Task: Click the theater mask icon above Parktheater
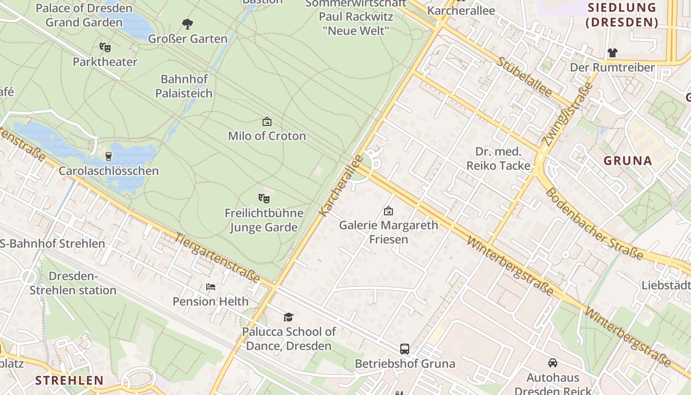(x=105, y=47)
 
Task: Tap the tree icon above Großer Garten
(x=188, y=24)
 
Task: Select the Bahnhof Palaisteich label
(x=184, y=86)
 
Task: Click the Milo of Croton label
(x=267, y=136)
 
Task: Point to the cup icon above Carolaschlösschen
(x=109, y=157)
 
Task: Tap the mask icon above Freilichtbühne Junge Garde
(x=264, y=198)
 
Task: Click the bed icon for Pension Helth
(x=211, y=287)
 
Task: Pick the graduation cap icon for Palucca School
(x=288, y=317)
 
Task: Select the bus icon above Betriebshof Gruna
(x=405, y=349)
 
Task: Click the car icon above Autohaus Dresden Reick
(x=553, y=363)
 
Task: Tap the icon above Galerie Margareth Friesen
(x=388, y=211)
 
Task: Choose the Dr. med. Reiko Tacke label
(x=498, y=158)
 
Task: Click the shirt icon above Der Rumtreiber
(x=612, y=52)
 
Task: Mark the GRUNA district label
(x=628, y=160)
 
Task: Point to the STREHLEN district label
(x=70, y=380)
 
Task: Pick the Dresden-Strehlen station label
(x=73, y=283)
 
